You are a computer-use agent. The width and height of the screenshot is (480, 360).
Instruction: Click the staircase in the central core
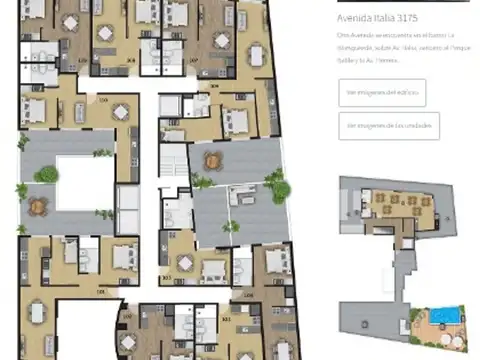[173, 163]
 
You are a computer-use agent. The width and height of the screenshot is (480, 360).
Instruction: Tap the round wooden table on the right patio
[213, 160]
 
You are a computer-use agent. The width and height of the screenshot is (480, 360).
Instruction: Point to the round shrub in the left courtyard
[47, 175]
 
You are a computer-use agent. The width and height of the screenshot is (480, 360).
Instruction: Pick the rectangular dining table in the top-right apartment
[258, 56]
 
